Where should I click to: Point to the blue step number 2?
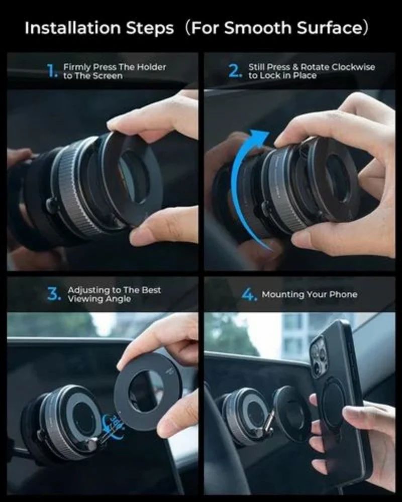235,71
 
